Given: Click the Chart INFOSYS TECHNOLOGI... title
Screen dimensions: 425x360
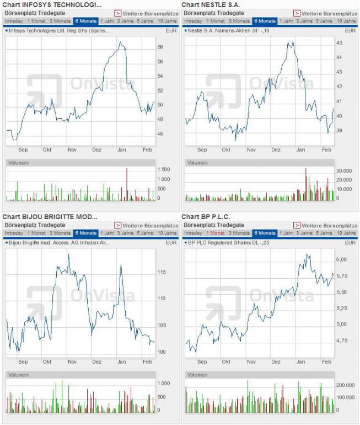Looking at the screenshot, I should [x=52, y=4].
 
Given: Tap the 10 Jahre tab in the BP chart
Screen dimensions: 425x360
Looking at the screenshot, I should [x=346, y=233].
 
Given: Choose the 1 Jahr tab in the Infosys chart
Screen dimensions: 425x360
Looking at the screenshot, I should [x=107, y=21].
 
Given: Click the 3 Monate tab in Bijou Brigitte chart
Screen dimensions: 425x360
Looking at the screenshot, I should [x=60, y=233].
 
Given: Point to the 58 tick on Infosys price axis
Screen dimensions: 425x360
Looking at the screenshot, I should [x=160, y=47].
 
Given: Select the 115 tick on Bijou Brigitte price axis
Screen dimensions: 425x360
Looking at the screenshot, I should [x=162, y=272].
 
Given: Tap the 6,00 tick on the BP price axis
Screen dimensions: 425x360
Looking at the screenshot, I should [x=342, y=259].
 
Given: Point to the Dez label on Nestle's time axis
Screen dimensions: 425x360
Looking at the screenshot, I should [x=276, y=150].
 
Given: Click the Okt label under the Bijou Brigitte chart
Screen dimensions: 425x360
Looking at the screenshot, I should [x=47, y=362].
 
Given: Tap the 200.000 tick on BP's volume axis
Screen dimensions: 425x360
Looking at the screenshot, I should [x=345, y=385].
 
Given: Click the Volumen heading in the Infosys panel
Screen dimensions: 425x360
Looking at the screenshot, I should [x=19, y=163].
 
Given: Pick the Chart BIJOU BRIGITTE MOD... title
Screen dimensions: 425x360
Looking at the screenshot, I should [x=50, y=216].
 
